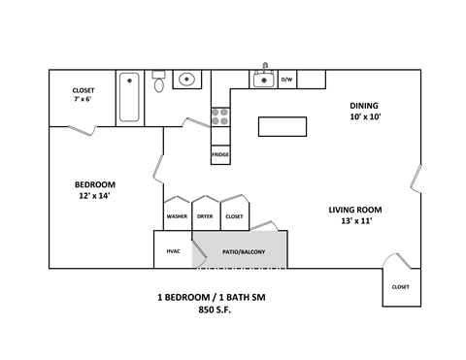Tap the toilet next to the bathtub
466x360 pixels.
click(x=159, y=82)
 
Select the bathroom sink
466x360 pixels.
click(x=188, y=79)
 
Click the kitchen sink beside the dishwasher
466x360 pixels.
click(x=263, y=80)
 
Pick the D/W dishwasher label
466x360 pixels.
click(x=287, y=80)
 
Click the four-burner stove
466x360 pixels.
click(x=220, y=117)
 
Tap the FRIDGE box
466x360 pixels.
click(x=220, y=153)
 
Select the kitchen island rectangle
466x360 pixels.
click(x=282, y=127)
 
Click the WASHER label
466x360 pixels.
click(x=177, y=216)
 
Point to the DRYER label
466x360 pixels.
click(x=205, y=216)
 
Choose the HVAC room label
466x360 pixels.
click(x=173, y=250)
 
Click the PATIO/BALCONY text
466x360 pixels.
click(x=243, y=251)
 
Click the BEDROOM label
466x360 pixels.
click(x=95, y=184)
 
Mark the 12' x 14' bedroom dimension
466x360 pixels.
click(x=95, y=196)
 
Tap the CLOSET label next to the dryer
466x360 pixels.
click(x=234, y=216)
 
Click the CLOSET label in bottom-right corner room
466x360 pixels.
click(x=401, y=286)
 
